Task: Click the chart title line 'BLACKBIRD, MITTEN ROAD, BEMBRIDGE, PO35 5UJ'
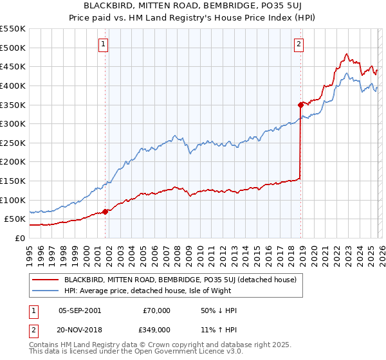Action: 192,7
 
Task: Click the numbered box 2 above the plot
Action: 300,44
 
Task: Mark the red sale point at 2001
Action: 105,212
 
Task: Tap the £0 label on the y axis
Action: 19,238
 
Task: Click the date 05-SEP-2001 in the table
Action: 80,310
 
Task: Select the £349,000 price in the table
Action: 156,329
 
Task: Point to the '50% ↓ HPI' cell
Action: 219,310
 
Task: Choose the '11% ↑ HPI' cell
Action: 219,329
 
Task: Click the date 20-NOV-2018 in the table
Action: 80,329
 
